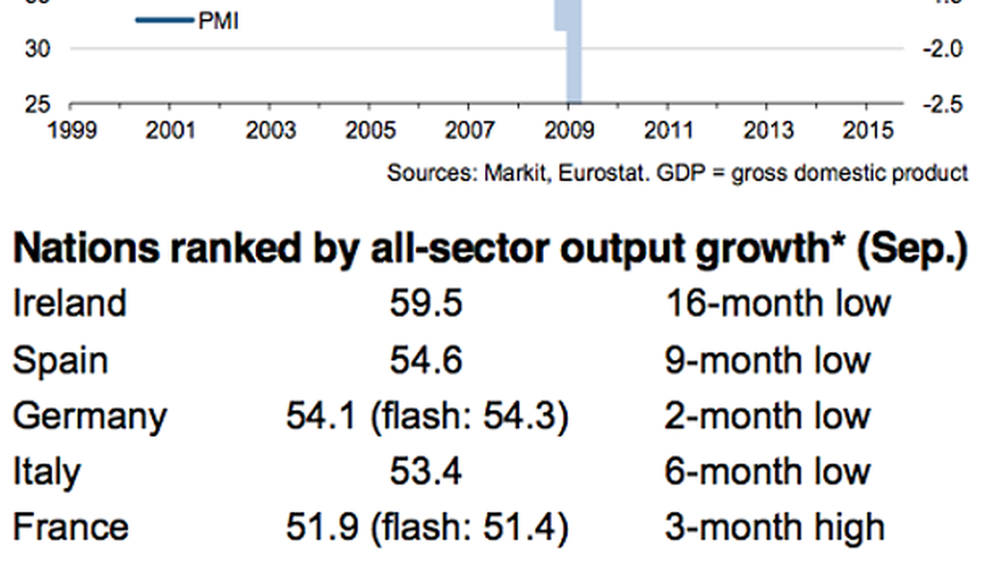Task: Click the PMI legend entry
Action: [x=186, y=20]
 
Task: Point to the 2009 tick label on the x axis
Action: [x=569, y=130]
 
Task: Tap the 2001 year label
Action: [x=170, y=130]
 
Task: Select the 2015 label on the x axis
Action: [x=867, y=130]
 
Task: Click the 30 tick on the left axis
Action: [x=38, y=49]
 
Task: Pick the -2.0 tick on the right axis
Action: [x=942, y=49]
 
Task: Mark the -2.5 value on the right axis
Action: [x=942, y=105]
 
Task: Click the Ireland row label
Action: [x=70, y=303]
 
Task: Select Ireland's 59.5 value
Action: [x=425, y=303]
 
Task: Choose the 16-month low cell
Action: [x=778, y=303]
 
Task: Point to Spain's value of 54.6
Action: [x=425, y=360]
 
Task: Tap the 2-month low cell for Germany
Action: [x=767, y=415]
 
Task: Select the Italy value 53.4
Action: [x=425, y=472]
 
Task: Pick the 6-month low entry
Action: [x=767, y=472]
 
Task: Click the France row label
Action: [x=71, y=527]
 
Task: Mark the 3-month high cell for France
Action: [x=775, y=528]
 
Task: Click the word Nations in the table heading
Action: [x=86, y=249]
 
